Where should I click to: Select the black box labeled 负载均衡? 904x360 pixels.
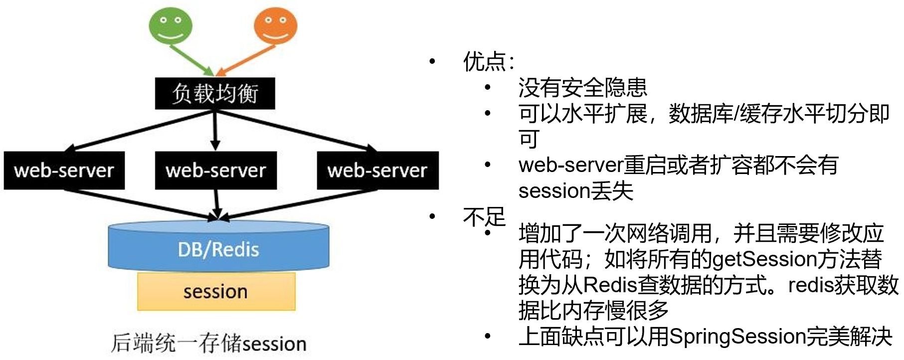(215, 93)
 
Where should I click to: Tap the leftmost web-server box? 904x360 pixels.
(64, 171)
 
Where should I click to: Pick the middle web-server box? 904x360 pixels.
(215, 171)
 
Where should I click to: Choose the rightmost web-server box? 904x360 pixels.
(377, 171)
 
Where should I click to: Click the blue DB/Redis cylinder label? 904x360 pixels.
(218, 249)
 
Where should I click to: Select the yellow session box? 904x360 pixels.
(216, 291)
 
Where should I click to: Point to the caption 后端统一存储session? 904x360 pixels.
(208, 344)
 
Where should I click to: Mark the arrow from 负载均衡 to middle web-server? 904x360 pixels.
(215, 130)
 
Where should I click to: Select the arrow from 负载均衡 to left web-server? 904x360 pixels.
(140, 131)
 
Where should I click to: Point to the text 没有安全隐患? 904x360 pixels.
(582, 88)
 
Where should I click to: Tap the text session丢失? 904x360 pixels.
(575, 191)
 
